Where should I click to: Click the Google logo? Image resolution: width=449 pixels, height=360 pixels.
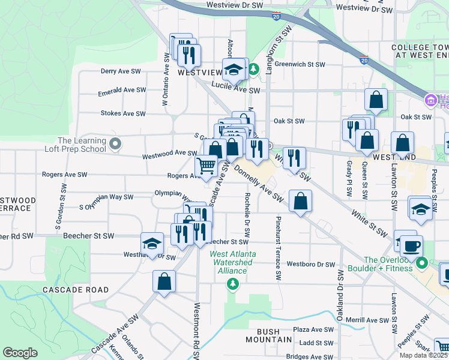coord(20,353)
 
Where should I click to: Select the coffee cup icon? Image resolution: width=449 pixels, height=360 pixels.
coord(412,246)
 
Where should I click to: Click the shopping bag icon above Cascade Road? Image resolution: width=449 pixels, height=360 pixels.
coord(164,281)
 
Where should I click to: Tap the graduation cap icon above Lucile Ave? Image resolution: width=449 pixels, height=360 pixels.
coord(234,70)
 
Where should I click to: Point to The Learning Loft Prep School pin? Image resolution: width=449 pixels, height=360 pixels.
coord(116,144)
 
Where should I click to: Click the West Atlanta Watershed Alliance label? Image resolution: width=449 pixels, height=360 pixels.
coord(232,262)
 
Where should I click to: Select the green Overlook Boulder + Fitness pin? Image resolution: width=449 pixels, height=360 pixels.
coord(423,263)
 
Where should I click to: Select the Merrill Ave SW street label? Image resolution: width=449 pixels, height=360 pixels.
coord(364,319)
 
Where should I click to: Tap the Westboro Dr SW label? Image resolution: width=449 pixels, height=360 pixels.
coord(310,264)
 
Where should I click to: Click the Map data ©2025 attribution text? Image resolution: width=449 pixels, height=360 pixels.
coord(423,355)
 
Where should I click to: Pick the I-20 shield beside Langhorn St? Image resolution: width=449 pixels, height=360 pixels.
coord(276,17)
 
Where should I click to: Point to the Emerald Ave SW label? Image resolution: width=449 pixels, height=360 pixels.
coord(122,90)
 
